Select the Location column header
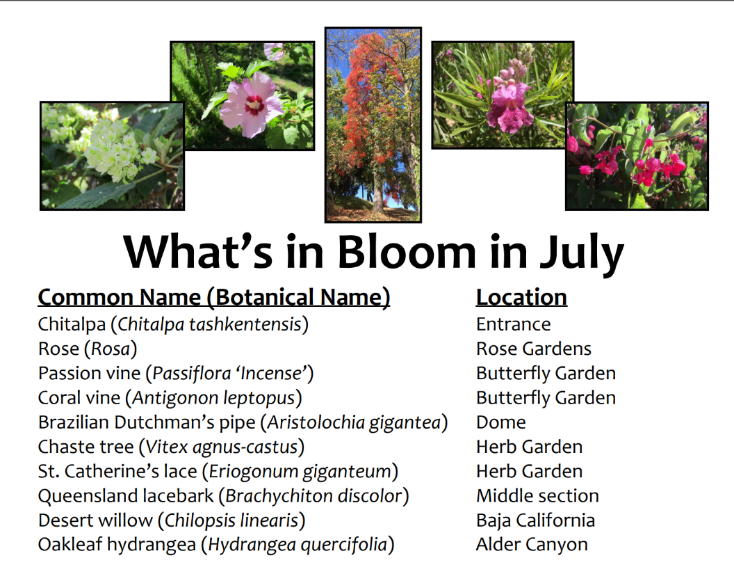coord(521,297)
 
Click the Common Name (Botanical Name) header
coord(214,298)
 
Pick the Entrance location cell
coord(514,324)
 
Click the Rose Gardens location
coord(534,349)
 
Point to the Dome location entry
coord(501,422)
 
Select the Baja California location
coord(535,520)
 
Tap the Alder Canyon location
coord(532,545)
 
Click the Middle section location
coord(537,496)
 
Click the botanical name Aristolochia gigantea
coord(354,422)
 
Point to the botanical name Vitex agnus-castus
coord(222,447)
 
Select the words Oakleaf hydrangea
coord(117,545)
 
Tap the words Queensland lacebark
coord(125,496)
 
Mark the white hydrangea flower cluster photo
coord(113,156)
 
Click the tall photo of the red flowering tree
coord(373,125)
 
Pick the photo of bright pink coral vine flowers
coord(637,156)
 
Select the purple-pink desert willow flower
coord(509,106)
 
